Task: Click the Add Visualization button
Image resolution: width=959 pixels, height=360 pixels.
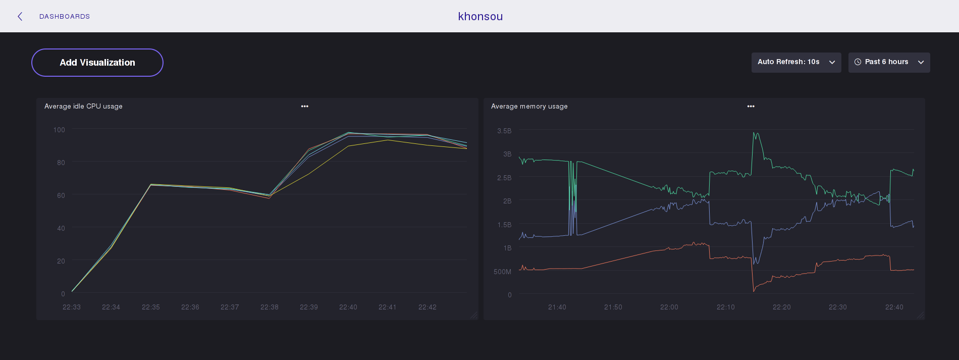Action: [x=97, y=63]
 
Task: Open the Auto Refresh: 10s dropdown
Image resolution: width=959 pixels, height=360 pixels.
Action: [x=796, y=62]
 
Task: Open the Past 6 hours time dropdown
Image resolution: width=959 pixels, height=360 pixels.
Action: [x=889, y=62]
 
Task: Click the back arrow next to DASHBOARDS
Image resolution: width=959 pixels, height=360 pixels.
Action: [x=20, y=17]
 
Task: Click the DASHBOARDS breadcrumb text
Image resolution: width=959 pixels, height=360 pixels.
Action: [x=65, y=17]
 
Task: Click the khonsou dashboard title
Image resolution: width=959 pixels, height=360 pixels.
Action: [x=480, y=17]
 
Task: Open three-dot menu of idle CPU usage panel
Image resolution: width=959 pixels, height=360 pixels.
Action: [x=305, y=106]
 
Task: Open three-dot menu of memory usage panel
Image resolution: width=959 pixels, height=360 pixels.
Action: [x=751, y=106]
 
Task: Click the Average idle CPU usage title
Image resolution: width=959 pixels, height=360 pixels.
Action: [x=83, y=106]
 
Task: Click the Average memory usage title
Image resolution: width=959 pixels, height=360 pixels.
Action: [x=529, y=106]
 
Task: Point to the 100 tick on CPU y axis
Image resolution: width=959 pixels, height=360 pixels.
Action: [x=59, y=130]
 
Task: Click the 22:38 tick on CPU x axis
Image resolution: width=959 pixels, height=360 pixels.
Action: [x=269, y=307]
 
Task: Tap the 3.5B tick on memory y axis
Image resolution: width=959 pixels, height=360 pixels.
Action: [x=504, y=131]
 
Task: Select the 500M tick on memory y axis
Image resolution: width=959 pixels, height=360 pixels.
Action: [x=502, y=272]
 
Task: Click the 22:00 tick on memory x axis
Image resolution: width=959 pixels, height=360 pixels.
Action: [x=669, y=307]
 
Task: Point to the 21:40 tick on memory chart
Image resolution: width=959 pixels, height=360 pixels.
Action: [x=557, y=307]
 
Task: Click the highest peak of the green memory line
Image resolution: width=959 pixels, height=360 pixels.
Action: [x=754, y=133]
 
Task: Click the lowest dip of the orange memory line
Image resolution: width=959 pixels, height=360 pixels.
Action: [x=754, y=291]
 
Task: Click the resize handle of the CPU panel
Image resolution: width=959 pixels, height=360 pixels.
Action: [x=474, y=316]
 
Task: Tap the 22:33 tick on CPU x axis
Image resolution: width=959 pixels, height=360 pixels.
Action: [x=72, y=307]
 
